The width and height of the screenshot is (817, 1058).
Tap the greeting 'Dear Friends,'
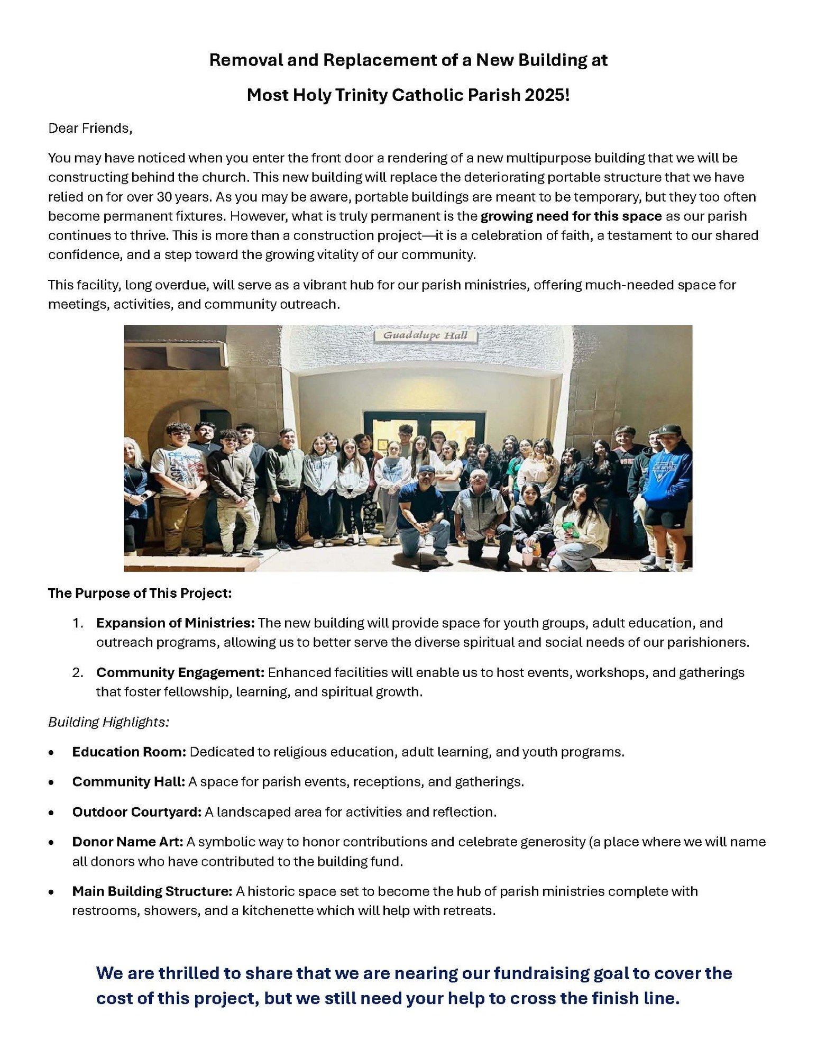[90, 129]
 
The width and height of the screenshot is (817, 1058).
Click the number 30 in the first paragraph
[163, 197]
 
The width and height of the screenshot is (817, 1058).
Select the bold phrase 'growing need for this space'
[571, 216]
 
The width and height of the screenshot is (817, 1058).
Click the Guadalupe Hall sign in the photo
[425, 335]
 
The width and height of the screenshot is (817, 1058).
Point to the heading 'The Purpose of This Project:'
[140, 593]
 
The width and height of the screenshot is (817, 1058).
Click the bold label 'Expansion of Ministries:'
[176, 623]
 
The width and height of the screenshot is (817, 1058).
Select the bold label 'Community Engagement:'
[180, 672]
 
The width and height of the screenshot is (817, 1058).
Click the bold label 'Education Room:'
[129, 752]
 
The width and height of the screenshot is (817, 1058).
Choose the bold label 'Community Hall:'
[128, 781]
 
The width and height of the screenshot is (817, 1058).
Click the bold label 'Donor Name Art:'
[127, 842]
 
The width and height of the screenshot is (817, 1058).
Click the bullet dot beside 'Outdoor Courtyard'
[51, 813]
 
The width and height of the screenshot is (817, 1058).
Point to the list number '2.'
[78, 673]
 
